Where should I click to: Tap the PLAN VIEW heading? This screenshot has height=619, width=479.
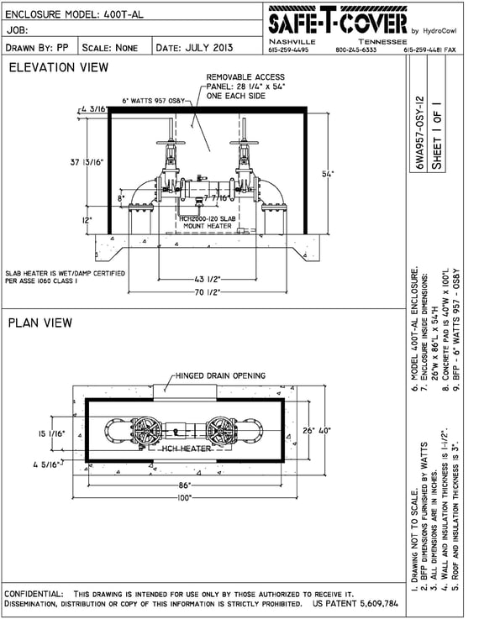click(40, 323)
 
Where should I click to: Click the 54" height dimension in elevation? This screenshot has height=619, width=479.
click(327, 174)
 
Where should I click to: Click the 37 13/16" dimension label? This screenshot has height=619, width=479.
click(87, 162)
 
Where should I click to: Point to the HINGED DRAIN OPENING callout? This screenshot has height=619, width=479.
click(220, 375)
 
